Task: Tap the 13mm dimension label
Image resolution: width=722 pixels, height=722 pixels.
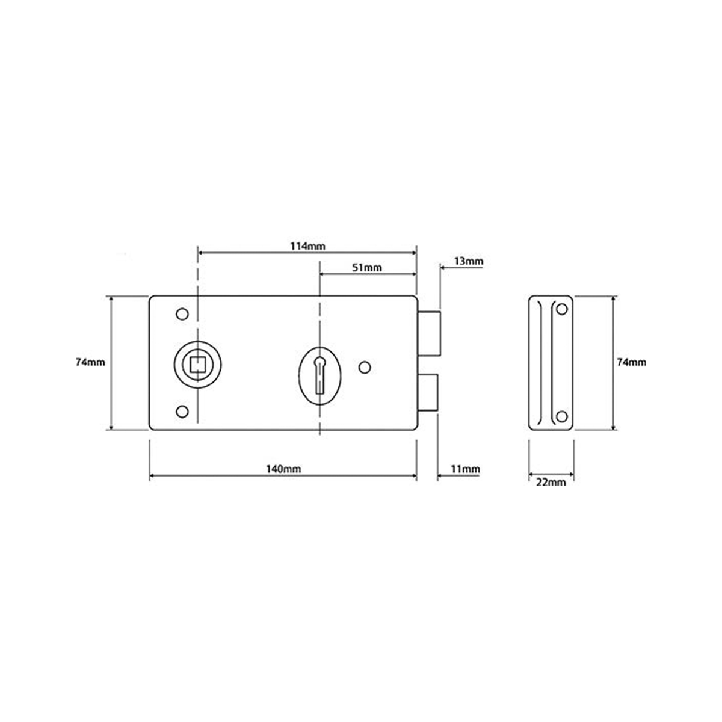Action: [468, 261]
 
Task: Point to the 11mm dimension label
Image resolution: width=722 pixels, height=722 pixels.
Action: [466, 469]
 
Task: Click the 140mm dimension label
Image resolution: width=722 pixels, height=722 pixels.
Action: [283, 469]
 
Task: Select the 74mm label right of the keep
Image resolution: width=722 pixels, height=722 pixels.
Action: [632, 362]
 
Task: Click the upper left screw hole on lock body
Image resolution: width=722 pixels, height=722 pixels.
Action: [180, 314]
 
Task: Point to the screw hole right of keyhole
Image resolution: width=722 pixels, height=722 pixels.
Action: [364, 366]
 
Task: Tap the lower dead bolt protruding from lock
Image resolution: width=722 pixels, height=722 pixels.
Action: [428, 393]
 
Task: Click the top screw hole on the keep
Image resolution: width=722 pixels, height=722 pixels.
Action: [562, 309]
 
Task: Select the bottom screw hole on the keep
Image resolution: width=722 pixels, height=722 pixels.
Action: [562, 416]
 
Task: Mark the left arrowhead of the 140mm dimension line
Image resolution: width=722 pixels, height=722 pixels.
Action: [152, 476]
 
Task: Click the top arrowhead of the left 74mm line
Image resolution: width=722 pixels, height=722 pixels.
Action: [110, 299]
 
